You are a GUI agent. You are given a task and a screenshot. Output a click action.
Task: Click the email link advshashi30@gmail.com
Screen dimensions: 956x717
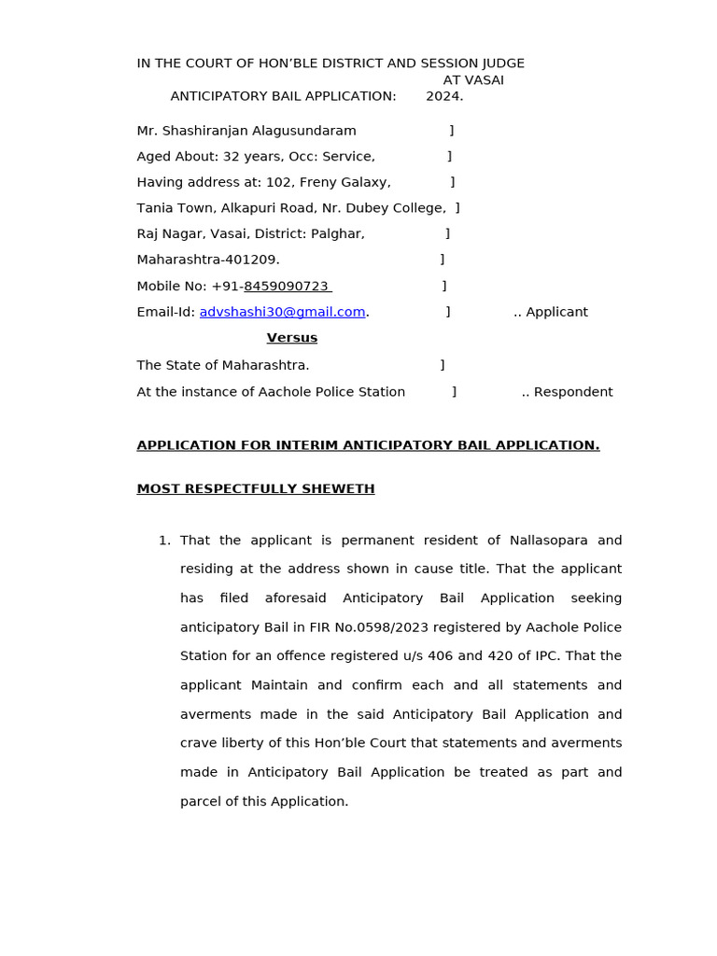[282, 312]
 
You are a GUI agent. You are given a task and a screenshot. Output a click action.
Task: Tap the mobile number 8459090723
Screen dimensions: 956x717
[286, 286]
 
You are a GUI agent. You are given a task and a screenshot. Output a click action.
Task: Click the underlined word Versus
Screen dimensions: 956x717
[291, 338]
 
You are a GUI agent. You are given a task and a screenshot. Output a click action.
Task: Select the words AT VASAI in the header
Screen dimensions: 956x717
[473, 80]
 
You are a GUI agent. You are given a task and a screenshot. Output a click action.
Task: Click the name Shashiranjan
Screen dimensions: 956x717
[203, 131]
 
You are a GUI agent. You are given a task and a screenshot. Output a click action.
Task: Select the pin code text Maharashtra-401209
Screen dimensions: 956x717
[208, 260]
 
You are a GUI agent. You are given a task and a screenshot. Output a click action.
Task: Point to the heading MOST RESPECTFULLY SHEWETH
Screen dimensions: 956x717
[256, 489]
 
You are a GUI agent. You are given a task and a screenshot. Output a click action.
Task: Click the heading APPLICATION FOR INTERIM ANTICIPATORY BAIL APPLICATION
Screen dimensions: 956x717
[368, 445]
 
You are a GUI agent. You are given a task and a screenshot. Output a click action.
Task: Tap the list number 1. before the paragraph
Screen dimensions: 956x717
[164, 541]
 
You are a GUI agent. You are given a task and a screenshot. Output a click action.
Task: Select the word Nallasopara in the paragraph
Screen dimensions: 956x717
[549, 541]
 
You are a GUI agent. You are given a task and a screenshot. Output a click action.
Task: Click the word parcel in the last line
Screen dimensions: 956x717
[201, 801]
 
